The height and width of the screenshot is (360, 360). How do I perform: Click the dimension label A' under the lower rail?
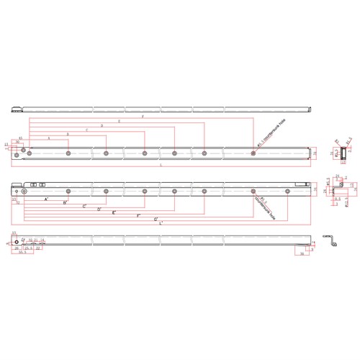click(x=47, y=199)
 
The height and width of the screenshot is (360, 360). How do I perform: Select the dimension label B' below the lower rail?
click(x=66, y=203)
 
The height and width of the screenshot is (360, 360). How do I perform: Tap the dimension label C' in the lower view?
click(x=84, y=207)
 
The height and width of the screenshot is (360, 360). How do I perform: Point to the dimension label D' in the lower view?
click(x=99, y=210)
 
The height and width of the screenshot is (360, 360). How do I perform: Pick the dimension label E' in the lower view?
click(x=114, y=213)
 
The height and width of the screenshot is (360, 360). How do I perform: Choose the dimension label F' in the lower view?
click(x=138, y=216)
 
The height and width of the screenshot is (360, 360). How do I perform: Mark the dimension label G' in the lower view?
click(x=156, y=219)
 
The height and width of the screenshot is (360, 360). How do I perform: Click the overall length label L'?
click(x=160, y=222)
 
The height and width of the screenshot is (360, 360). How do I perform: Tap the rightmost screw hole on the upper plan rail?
click(x=253, y=153)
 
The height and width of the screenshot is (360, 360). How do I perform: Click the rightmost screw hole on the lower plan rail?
click(x=287, y=192)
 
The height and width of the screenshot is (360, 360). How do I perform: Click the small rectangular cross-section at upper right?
click(x=343, y=153)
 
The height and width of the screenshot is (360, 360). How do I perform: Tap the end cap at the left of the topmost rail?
click(x=17, y=109)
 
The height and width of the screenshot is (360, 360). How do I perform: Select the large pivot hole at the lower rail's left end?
click(x=23, y=192)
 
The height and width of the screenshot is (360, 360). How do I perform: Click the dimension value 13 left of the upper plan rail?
click(x=6, y=145)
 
